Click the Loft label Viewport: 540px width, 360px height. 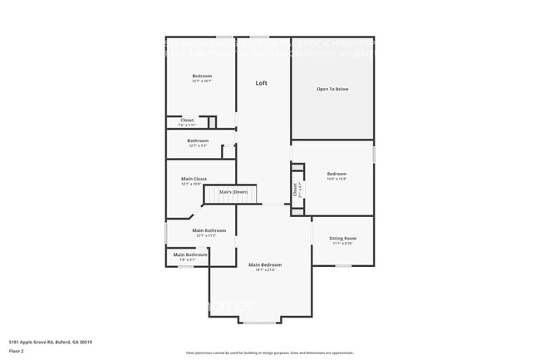click(x=262, y=83)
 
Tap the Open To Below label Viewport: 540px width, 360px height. click(x=331, y=88)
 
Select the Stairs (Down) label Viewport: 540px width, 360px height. click(x=233, y=192)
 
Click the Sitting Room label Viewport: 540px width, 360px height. click(x=342, y=238)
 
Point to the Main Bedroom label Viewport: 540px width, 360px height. click(x=266, y=264)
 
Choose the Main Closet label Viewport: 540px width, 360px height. click(x=194, y=178)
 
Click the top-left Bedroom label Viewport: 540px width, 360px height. click(x=202, y=76)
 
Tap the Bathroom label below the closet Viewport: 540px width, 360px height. click(x=198, y=141)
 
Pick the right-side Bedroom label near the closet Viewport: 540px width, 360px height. click(x=336, y=173)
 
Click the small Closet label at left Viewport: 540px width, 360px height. click(x=188, y=120)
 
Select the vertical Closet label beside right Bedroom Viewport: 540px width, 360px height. click(x=295, y=190)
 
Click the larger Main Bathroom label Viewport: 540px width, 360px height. click(x=209, y=230)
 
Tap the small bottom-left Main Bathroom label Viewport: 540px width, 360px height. click(x=190, y=254)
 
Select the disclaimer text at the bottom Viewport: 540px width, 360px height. click(x=269, y=353)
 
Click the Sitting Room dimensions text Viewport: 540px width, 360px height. click(x=342, y=244)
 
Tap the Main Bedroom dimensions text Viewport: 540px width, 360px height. click(x=266, y=269)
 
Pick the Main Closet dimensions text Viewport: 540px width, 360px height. click(x=194, y=184)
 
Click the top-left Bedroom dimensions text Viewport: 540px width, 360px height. click(x=202, y=81)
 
